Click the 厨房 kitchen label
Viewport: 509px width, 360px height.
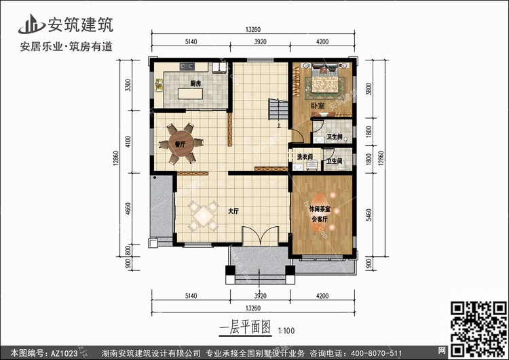coord(195,84)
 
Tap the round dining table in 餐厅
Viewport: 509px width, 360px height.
coord(181,143)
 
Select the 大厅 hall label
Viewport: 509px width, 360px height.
coord(233,211)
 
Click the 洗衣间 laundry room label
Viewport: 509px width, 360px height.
coord(304,157)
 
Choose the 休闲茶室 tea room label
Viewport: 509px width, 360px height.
coord(320,209)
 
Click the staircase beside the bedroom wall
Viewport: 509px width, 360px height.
coord(278,109)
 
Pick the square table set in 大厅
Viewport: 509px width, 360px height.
coord(204,216)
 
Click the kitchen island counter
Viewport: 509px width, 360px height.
coord(190,94)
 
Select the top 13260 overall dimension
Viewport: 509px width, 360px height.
coord(253,30)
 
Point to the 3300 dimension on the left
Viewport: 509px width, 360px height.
coord(128,85)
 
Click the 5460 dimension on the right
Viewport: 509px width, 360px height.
coord(369,215)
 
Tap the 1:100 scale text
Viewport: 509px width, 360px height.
coord(286,331)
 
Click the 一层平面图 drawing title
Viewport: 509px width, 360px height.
coord(245,327)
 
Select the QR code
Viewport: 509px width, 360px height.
coord(478,329)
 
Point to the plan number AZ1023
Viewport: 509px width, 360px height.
coord(64,353)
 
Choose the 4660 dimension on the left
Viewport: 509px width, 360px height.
coord(128,209)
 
